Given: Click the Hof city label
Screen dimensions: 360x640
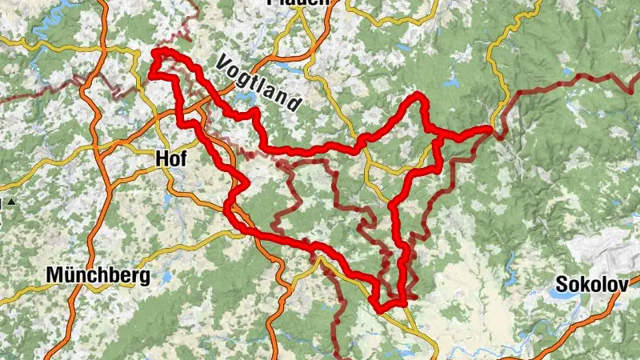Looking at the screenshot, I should [x=173, y=159].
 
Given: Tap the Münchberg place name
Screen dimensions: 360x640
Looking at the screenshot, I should [x=98, y=277].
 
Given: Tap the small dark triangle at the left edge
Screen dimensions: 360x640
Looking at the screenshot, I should [x=13, y=202].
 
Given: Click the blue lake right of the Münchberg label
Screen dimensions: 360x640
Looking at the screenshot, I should [x=166, y=278].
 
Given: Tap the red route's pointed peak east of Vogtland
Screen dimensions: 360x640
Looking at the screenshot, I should [x=417, y=96].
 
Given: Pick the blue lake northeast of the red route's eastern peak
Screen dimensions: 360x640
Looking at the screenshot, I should [x=447, y=81].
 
